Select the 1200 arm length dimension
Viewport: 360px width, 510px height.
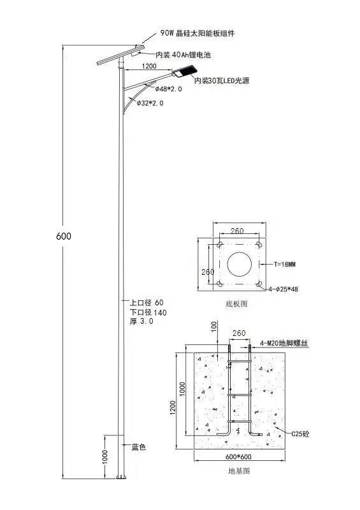coord(149,66)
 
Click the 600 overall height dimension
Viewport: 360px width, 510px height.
coord(64,236)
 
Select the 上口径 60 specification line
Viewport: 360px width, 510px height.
coord(147,302)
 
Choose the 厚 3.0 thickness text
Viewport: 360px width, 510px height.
coord(141,321)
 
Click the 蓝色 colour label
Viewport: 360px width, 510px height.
coord(139,447)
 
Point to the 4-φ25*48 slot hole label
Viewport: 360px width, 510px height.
coord(287,288)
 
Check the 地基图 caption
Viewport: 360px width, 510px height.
coord(238,471)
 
